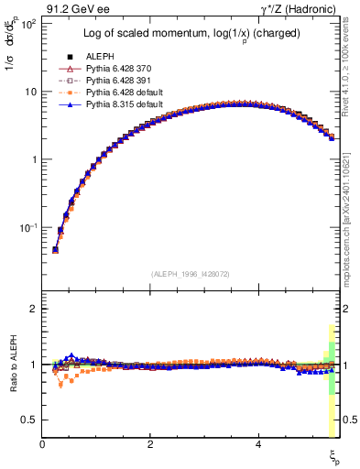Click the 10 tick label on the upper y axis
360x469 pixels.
click(30, 92)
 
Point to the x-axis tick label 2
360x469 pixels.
click(150, 444)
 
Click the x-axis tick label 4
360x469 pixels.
click(258, 444)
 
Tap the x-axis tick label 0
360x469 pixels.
click(42, 444)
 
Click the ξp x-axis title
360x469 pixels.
click(335, 455)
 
